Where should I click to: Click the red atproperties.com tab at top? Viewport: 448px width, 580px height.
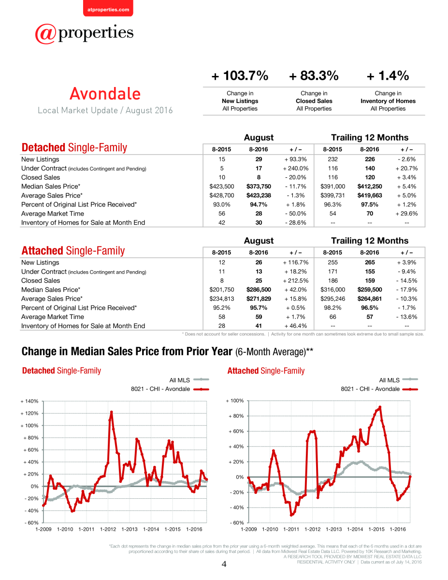pos(108,8)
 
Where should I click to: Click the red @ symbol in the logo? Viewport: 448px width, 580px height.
pos(45,34)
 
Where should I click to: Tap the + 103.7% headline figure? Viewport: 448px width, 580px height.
pos(240,75)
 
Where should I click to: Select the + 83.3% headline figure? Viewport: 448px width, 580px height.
pos(314,75)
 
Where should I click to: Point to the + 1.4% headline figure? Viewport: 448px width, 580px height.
pos(388,75)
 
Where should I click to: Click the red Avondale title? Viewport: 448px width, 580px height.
pos(105,94)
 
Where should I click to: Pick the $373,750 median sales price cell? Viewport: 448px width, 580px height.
pos(259,186)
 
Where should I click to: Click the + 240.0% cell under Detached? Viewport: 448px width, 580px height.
pos(296,168)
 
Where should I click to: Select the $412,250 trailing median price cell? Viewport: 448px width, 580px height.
pos(370,186)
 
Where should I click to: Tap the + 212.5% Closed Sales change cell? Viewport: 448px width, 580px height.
pos(296,280)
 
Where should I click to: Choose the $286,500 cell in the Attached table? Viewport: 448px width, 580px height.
pos(259,290)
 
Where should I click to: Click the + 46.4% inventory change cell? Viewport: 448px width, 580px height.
pos(296,326)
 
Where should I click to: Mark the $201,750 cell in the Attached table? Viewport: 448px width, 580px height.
pos(222,290)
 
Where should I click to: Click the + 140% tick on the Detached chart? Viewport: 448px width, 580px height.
pos(29,401)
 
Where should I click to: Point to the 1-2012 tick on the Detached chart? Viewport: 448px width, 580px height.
pos(108,529)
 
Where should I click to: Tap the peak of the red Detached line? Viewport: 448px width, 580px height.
pos(112,412)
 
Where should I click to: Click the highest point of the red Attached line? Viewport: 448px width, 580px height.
pos(380,407)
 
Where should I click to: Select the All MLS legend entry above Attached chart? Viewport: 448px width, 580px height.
pos(398,380)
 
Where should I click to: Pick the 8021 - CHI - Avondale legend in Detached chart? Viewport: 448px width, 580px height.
pos(170,389)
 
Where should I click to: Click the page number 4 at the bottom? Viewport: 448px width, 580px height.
pos(224,564)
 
